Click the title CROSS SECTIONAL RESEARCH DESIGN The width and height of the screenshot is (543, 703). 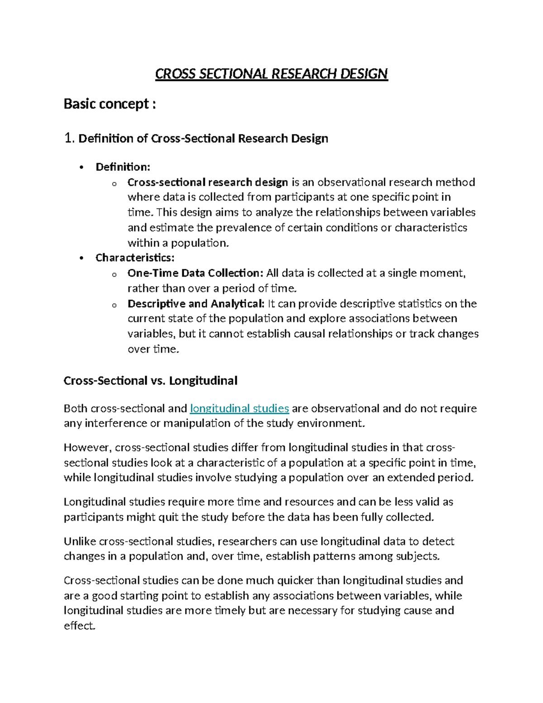pos(271,74)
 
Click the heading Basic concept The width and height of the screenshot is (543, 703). pos(110,104)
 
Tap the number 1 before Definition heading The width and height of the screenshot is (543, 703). pos(68,138)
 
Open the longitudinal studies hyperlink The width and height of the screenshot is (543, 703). pos(239,408)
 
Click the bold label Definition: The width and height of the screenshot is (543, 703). pos(123,167)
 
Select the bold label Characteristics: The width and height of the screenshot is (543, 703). pos(135,258)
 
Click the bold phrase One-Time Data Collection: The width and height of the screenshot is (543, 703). pos(195,273)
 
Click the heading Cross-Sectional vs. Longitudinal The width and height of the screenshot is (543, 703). pos(150,381)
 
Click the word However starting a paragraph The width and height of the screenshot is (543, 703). pos(87,447)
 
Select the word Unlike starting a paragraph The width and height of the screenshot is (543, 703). pos(80,541)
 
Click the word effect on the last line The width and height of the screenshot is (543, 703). pos(79,626)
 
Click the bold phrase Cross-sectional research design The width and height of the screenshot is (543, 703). pos(208,182)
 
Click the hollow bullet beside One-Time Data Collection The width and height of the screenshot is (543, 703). pos(114,274)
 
